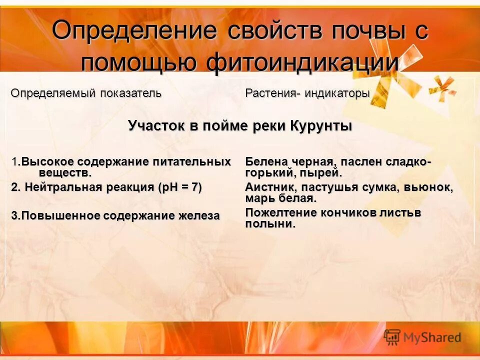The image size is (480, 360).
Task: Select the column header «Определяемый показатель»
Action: tap(86, 93)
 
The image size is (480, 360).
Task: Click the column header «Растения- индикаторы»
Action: tap(307, 93)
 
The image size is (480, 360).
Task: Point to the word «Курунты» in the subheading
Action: tap(320, 125)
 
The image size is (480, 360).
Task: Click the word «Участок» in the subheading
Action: tap(156, 125)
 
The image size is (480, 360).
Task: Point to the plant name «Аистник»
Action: tap(265, 187)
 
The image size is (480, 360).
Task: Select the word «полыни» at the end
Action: tap(269, 224)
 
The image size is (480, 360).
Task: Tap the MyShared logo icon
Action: tap(392, 337)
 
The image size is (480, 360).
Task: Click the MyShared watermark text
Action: tap(432, 338)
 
